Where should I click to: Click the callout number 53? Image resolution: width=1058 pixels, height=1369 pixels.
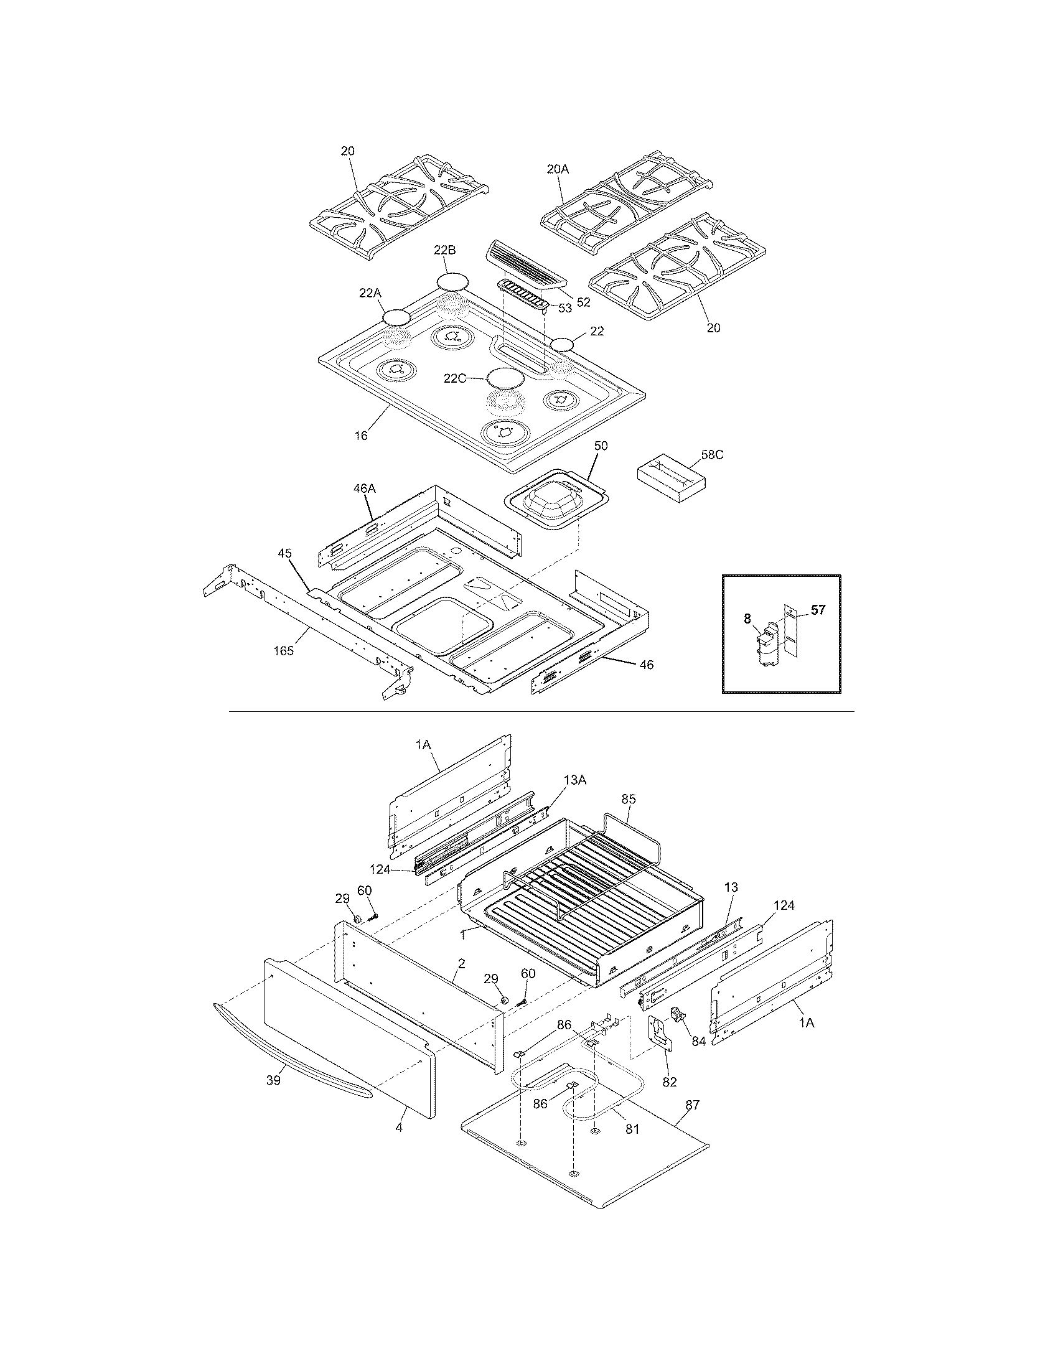coord(565,308)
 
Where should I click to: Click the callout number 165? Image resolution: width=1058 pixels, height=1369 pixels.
coord(283,651)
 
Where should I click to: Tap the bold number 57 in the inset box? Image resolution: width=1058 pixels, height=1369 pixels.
coord(818,609)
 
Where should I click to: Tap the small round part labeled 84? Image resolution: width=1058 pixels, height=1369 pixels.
coord(678,1012)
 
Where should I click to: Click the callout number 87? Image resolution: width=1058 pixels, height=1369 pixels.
coord(691,1105)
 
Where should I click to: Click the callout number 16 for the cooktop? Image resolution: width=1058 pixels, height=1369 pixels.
coord(361,435)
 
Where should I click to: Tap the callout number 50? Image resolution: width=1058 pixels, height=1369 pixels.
coord(601,446)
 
